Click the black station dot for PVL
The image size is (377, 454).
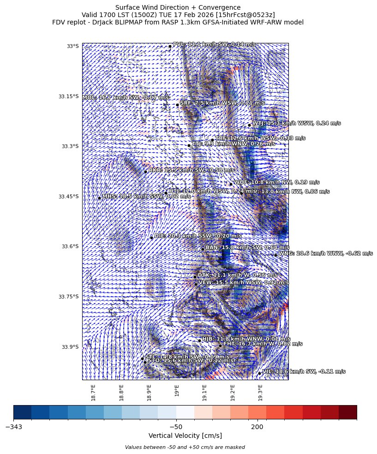point(170,46)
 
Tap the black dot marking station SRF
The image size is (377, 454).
point(177,105)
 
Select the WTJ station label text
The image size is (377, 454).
point(296,123)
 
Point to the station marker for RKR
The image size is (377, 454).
point(145,172)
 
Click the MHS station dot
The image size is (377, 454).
point(99,198)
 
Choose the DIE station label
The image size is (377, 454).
point(197,236)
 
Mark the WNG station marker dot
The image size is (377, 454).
point(275,255)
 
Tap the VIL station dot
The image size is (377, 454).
point(259,373)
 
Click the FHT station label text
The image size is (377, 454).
point(263,344)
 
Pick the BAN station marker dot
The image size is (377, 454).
point(203,249)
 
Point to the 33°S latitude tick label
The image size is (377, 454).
point(73,46)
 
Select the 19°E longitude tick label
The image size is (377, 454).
point(177,391)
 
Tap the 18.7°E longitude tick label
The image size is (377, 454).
point(93,392)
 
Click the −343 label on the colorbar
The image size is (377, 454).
point(13,427)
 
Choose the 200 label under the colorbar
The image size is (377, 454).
point(257,427)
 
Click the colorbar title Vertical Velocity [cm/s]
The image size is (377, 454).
point(185,436)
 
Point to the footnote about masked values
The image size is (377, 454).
point(185,447)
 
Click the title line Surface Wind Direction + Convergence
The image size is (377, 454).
point(178,7)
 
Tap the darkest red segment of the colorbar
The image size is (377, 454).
point(347,412)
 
